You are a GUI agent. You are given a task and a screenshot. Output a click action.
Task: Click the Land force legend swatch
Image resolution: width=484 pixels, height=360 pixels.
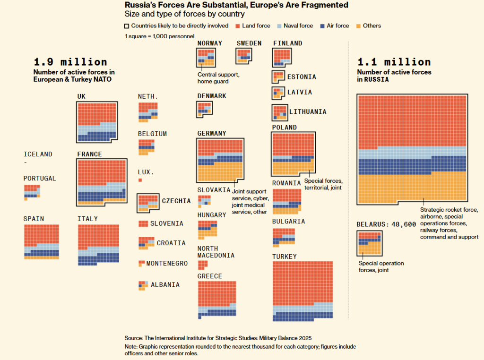(x=239, y=26)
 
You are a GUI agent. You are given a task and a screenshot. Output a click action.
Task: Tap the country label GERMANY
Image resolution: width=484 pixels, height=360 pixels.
(x=212, y=134)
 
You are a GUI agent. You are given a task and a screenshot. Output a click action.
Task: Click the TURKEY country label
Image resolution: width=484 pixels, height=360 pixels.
(x=285, y=257)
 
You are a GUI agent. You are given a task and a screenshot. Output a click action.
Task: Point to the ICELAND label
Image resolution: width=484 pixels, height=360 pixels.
(x=38, y=154)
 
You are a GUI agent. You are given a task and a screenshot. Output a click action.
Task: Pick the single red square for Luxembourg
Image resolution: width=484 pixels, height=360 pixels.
(x=140, y=180)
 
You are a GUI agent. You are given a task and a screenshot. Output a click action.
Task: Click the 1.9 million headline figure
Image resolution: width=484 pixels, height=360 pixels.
(x=70, y=62)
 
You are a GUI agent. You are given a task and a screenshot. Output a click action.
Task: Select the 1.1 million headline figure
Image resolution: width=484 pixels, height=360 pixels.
(x=394, y=62)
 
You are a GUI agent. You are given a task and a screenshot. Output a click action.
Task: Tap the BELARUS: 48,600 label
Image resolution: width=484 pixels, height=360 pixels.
(x=386, y=224)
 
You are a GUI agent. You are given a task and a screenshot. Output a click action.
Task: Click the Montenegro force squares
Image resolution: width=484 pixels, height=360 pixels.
(x=141, y=263)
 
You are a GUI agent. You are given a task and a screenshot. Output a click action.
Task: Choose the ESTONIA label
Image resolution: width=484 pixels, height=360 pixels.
(x=302, y=77)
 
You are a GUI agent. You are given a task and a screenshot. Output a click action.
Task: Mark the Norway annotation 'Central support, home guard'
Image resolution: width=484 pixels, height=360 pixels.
(x=219, y=78)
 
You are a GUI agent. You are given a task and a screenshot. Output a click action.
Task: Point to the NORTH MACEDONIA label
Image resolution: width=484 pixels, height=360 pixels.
(x=216, y=252)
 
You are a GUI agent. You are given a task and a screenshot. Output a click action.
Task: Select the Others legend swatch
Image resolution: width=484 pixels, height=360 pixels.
(x=358, y=26)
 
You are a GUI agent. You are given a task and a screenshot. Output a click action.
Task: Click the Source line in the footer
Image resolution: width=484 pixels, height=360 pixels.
(x=218, y=338)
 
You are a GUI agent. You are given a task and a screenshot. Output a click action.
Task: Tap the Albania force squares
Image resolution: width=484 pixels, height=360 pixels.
(x=142, y=285)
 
